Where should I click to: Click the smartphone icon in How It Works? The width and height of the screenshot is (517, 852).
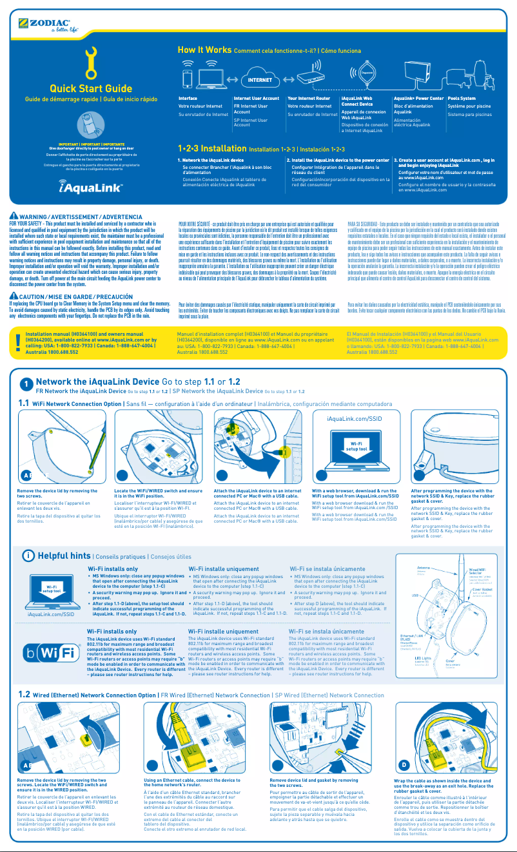click(188, 77)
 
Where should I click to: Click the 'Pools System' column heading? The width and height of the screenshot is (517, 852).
click(461, 99)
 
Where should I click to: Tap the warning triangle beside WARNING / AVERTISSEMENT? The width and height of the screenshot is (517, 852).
click(14, 215)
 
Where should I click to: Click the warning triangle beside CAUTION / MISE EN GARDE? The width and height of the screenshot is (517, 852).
click(14, 296)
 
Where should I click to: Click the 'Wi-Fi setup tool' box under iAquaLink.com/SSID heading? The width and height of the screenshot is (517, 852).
click(358, 445)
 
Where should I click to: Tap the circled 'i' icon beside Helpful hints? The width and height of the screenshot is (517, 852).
click(28, 556)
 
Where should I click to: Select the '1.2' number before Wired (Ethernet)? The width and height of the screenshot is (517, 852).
click(24, 695)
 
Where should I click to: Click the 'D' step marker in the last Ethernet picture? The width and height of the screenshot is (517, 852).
click(404, 765)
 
